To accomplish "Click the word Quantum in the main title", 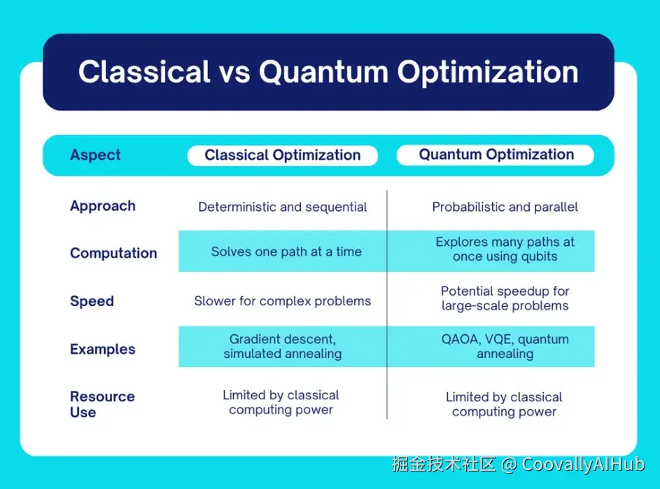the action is coord(323,72).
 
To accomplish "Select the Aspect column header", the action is coord(95,155).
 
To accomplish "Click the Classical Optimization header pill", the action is coord(283,156).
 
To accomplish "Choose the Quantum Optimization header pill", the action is coord(496,155).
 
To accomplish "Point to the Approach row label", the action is coord(103,206).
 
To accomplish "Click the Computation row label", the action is coord(113,253).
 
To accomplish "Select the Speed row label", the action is coord(92,301).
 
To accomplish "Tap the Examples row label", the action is coord(103,349).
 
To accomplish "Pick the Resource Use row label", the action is coord(102,404).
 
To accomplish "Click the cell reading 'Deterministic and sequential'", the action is coord(283,207).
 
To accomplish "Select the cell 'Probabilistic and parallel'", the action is coord(505,207).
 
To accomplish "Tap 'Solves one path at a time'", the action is coord(286,252).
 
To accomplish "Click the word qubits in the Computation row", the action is coord(539,257).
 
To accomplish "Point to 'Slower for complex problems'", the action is coord(283,301).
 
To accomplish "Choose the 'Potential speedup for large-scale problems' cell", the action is coord(505,298).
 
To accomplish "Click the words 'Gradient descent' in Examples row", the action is coord(282,340).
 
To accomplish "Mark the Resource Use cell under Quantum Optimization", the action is coord(504,404).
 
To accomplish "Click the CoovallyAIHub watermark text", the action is coord(584,464).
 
